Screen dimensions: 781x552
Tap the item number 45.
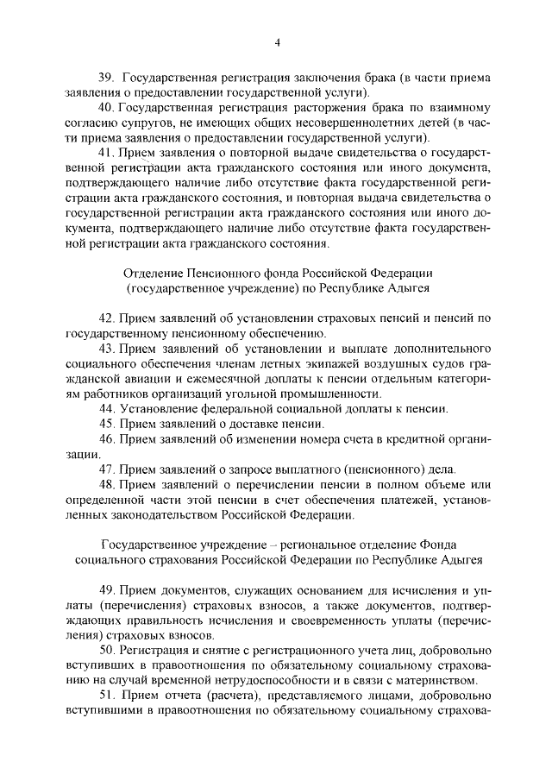[x=106, y=423]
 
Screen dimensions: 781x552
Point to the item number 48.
[x=106, y=485]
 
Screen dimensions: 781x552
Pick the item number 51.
[x=106, y=694]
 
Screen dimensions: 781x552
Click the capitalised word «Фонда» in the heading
[x=436, y=545]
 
